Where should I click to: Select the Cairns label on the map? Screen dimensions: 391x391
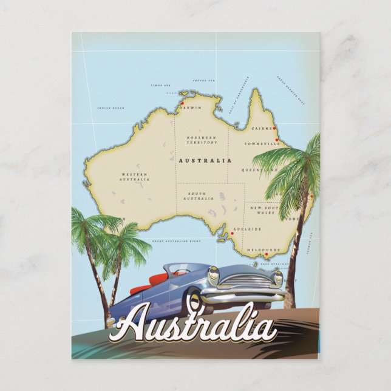tap(260, 129)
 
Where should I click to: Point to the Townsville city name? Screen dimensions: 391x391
tap(262, 144)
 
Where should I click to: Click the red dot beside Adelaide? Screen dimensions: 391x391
tap(232, 233)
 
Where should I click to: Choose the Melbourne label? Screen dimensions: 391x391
tap(263, 250)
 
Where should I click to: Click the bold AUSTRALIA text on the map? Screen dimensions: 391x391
tap(205, 160)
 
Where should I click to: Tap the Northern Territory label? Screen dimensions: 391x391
tap(202, 140)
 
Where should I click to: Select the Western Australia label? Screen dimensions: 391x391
tap(135, 177)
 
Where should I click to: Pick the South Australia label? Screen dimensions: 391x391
tap(199, 195)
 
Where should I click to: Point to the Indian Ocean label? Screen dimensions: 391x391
tap(110, 108)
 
